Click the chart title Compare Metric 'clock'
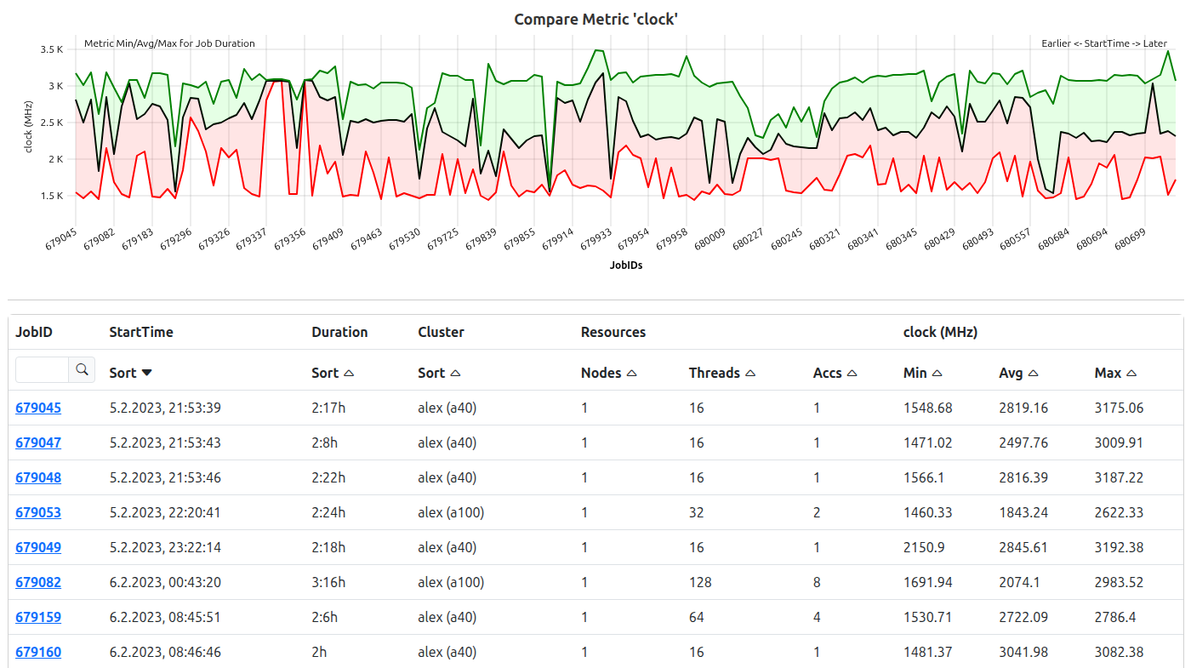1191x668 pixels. point(595,19)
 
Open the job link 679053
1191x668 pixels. point(38,512)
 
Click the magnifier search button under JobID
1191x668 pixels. point(82,369)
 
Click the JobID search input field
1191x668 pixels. point(43,369)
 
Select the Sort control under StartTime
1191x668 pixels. point(131,373)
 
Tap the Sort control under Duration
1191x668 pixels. point(333,373)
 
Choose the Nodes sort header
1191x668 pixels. point(609,373)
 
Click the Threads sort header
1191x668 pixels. point(722,373)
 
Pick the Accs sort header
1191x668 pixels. point(835,373)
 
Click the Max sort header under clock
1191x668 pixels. point(1115,373)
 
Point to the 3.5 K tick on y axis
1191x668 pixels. point(52,49)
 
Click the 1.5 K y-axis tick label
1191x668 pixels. point(52,196)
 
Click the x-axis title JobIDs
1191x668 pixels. point(626,265)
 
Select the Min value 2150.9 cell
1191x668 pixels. point(924,547)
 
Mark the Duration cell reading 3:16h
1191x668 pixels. point(329,582)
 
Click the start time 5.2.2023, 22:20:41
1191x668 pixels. point(165,512)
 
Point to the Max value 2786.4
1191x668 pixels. point(1115,617)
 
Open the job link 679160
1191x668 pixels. point(38,652)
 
